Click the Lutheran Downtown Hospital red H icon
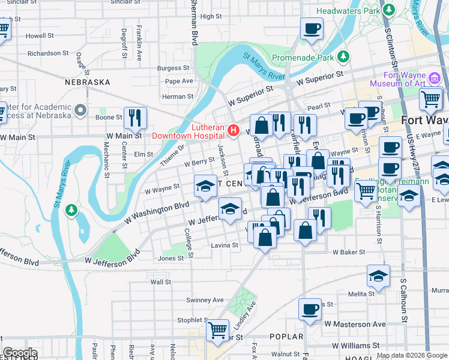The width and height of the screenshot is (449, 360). [x=234, y=130]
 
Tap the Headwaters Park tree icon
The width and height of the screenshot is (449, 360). [x=390, y=10]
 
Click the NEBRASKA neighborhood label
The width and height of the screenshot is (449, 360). [x=88, y=82]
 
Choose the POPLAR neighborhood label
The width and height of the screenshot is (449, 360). [x=286, y=337]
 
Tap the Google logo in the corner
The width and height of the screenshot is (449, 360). [x=20, y=353]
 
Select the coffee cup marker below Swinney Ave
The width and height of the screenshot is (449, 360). [x=310, y=309]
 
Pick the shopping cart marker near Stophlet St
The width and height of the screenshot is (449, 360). [x=217, y=329]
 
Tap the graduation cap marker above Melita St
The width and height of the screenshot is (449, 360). [x=379, y=276]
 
